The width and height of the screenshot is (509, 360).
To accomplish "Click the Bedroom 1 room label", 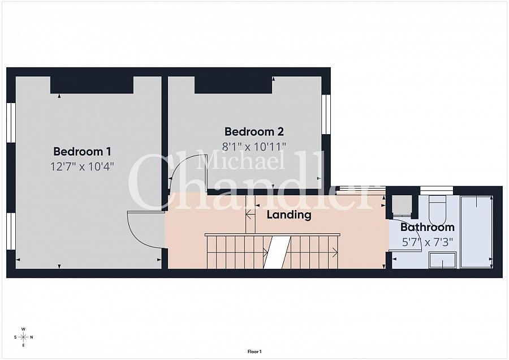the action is [x=82, y=152].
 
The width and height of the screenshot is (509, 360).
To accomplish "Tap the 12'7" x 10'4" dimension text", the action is [x=82, y=166].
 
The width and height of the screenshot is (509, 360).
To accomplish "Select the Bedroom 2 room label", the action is [x=254, y=131].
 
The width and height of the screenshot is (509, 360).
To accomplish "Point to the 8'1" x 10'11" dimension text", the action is [x=254, y=147].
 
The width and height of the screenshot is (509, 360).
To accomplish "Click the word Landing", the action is [x=289, y=215].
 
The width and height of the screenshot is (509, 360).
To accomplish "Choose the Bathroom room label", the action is [x=427, y=227].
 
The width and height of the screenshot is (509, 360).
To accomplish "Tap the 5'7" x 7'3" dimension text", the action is [x=427, y=242].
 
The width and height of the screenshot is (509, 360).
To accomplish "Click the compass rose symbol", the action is [x=23, y=337].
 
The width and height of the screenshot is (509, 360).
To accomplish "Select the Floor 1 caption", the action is [x=255, y=352].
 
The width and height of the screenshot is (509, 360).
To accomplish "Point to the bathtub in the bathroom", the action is [x=477, y=232].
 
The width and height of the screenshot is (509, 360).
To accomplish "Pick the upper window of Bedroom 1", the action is [x=11, y=122].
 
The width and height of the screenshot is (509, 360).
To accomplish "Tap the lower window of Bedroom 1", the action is [x=11, y=232].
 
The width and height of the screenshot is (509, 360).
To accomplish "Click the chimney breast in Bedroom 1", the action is [x=92, y=85].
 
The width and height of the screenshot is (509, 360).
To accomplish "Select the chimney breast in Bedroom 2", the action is [x=233, y=85].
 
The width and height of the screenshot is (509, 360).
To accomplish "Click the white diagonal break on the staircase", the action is [x=277, y=252].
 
